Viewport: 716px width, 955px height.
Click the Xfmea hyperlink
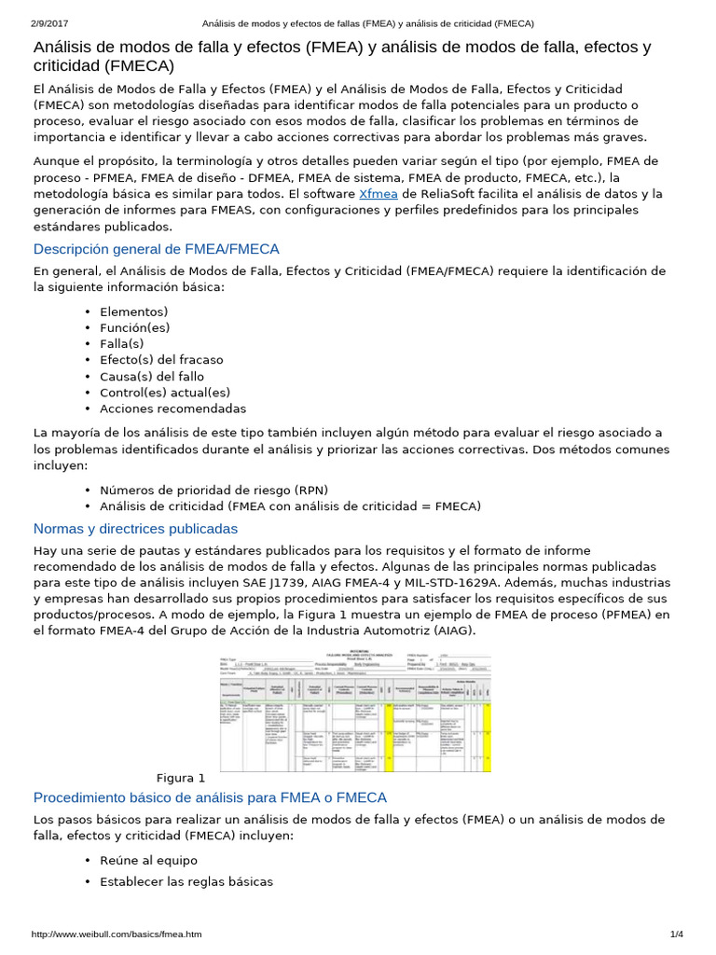tap(379, 194)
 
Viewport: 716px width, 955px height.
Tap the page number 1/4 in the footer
tap(676, 934)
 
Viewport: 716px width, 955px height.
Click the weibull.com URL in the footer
tap(117, 934)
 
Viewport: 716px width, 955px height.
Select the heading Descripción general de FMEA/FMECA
tap(156, 249)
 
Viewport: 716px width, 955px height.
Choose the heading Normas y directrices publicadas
tap(135, 529)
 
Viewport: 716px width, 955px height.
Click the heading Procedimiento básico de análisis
tap(210, 797)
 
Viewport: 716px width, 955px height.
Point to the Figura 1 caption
tap(181, 778)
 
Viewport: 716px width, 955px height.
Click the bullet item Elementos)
tap(134, 312)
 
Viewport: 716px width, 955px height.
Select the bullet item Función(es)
tap(135, 328)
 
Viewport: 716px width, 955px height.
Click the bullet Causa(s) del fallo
tap(152, 377)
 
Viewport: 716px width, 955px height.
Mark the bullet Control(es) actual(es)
tap(165, 393)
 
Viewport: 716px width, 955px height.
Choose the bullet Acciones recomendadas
tap(173, 408)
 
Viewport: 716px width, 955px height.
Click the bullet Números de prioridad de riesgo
tap(213, 490)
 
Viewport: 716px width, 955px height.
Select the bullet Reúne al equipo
tap(149, 860)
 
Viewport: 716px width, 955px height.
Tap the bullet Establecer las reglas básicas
tap(186, 881)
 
